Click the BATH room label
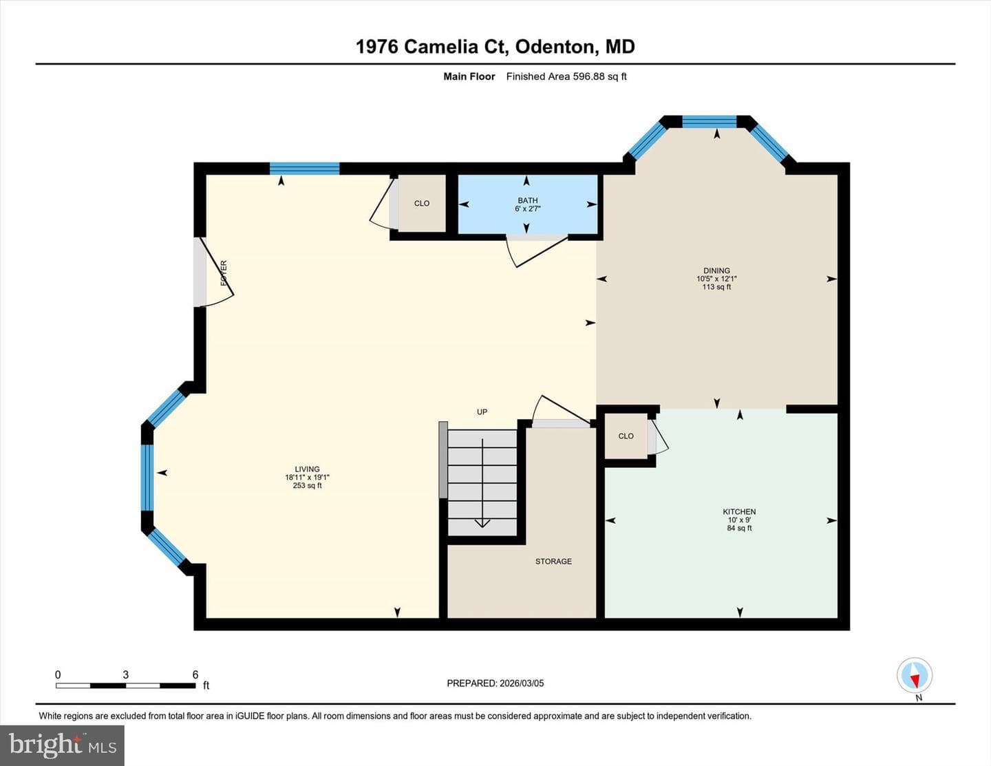point(528,200)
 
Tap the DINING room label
point(716,270)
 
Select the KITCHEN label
point(739,511)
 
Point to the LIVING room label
point(307,469)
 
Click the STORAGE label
point(553,562)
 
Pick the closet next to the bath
point(422,203)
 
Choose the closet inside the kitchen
point(626,436)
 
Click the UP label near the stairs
point(482,412)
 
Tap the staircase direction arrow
point(482,483)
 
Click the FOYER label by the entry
point(224,273)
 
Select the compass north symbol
point(915,675)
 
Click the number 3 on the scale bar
point(125,674)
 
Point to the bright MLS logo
point(62,745)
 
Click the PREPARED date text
point(495,683)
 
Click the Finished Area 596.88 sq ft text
point(566,76)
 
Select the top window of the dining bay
point(709,122)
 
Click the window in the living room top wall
point(305,169)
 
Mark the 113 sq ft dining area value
point(716,287)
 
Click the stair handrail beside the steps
point(443,460)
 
